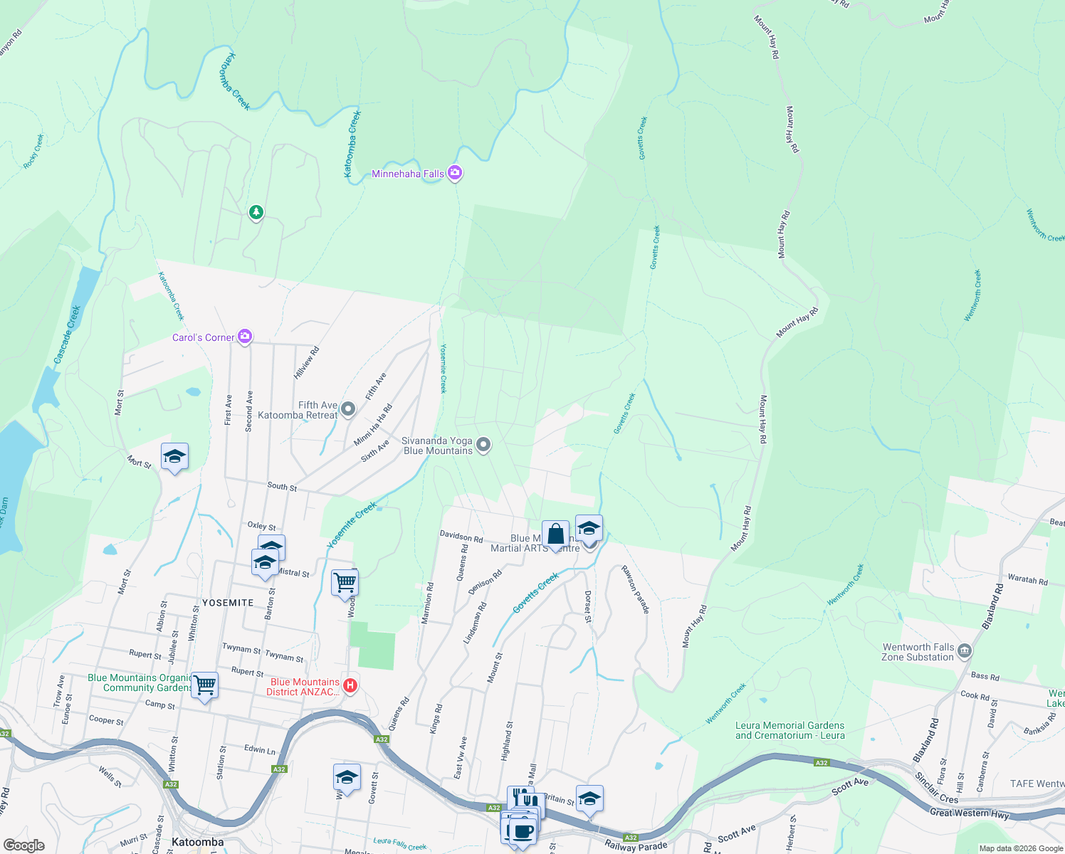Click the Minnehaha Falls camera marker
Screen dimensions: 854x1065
click(455, 173)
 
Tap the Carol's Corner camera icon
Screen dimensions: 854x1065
click(245, 337)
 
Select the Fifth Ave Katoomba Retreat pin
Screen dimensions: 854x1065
click(348, 408)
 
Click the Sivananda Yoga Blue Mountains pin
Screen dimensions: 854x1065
click(483, 446)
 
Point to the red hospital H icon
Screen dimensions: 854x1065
click(350, 685)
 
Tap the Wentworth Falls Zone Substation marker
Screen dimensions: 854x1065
click(965, 650)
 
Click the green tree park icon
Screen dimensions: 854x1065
click(256, 212)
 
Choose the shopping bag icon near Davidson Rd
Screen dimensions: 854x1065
click(555, 534)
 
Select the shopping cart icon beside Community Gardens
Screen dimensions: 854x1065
click(205, 685)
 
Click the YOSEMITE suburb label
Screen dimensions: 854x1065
click(228, 603)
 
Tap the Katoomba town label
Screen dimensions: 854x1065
click(198, 842)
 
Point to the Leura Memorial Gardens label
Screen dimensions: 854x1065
click(789, 730)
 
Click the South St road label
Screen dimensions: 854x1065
click(282, 487)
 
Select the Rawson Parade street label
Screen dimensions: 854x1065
click(636, 589)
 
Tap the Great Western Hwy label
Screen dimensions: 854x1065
click(969, 813)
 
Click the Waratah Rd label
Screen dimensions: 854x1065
click(1027, 580)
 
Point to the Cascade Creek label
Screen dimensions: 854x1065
click(68, 334)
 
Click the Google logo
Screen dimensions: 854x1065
click(24, 845)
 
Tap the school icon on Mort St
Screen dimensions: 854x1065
click(174, 457)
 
